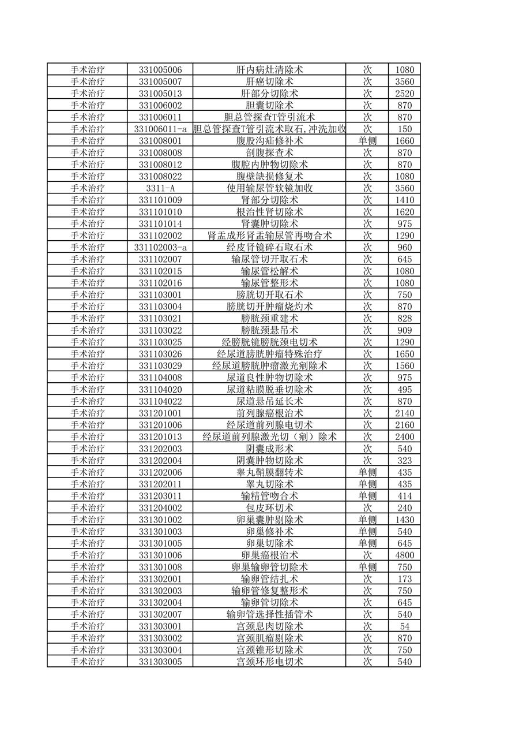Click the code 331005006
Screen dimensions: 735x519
(x=160, y=70)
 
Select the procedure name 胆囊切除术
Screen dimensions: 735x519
(x=269, y=105)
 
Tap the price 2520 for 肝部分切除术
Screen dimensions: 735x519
(x=404, y=94)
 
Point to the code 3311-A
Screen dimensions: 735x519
(x=160, y=188)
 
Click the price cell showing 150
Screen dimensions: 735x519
(x=404, y=129)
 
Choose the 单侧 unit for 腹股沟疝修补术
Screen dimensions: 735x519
(x=367, y=141)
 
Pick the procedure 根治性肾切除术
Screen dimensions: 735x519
(x=269, y=212)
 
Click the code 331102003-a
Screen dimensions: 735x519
(x=160, y=247)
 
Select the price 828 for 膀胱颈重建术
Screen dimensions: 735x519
(x=404, y=318)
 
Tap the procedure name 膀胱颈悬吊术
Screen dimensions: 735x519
(x=269, y=330)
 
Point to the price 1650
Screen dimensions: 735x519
(x=404, y=354)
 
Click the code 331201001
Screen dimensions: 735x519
(x=160, y=413)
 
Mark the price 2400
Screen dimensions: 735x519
(x=404, y=436)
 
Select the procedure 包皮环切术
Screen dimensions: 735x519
(x=269, y=508)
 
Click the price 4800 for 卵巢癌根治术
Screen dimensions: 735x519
(x=404, y=555)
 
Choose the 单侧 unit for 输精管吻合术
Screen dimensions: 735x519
(x=367, y=496)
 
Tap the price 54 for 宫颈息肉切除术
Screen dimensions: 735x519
(x=404, y=626)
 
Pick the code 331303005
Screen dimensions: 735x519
(x=160, y=662)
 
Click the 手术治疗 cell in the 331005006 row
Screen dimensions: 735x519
(x=88, y=70)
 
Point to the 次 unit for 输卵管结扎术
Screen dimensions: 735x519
(x=367, y=579)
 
